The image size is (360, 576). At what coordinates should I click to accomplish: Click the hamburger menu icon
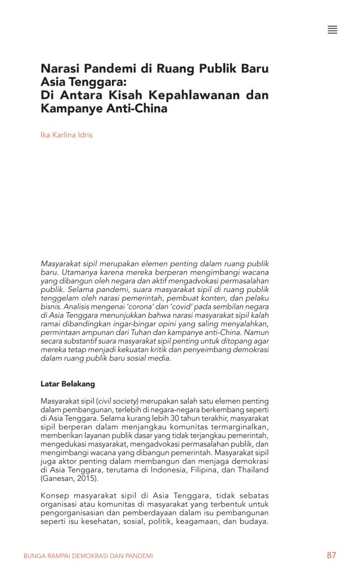pyautogui.click(x=332, y=30)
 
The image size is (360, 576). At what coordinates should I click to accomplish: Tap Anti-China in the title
pyautogui.click(x=137, y=109)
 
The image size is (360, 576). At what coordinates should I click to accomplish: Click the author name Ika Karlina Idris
pyautogui.click(x=66, y=135)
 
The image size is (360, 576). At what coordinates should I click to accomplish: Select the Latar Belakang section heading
pyautogui.click(x=67, y=384)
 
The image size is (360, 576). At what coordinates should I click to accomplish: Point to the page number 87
pyautogui.click(x=331, y=555)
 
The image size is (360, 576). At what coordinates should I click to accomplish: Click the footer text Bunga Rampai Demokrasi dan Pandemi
pyautogui.click(x=88, y=556)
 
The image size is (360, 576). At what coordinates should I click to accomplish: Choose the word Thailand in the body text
pyautogui.click(x=250, y=470)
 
